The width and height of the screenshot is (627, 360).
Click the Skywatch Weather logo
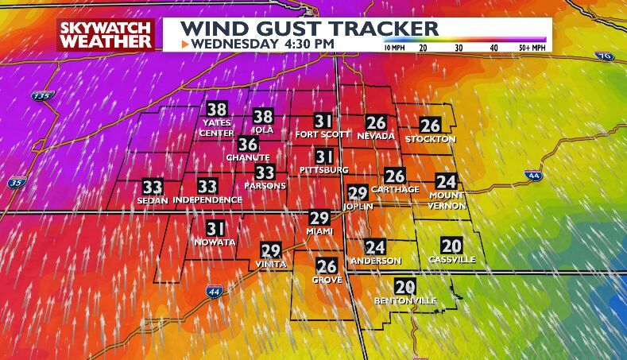[105, 34]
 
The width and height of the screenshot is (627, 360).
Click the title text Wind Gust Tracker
[309, 29]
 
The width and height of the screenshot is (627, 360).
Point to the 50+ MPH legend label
[530, 48]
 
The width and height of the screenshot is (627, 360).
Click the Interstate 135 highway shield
[42, 95]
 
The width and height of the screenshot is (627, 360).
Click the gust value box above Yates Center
[216, 110]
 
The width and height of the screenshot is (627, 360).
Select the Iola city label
[263, 130]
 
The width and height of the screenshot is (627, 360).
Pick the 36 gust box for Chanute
[248, 144]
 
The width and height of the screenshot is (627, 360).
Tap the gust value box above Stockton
[430, 126]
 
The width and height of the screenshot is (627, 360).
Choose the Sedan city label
[153, 199]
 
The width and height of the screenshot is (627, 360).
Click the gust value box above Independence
[207, 187]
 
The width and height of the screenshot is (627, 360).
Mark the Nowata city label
[215, 242]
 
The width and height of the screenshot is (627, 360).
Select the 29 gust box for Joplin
[358, 192]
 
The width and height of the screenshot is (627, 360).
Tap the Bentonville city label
[405, 301]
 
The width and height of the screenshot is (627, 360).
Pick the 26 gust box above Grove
[327, 266]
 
